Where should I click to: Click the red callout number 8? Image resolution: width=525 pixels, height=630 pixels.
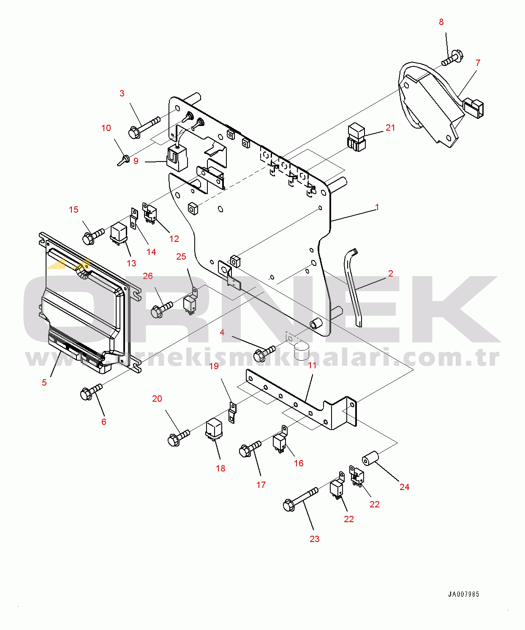441,22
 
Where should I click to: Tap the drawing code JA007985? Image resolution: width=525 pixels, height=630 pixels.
463,594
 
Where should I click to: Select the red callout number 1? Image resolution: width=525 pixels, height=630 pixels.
377,207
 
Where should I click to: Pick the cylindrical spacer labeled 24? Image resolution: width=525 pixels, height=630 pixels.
370,458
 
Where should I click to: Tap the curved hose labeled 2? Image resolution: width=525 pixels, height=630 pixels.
353,288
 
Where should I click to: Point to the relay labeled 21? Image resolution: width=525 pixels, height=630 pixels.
356,137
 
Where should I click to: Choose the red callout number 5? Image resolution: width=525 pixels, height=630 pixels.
44,383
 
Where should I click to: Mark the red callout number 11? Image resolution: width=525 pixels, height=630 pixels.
312,365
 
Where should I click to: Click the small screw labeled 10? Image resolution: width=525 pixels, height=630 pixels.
124,159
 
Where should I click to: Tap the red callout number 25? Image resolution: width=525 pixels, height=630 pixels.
181,257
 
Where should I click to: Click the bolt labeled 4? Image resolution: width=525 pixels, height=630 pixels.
264,354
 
